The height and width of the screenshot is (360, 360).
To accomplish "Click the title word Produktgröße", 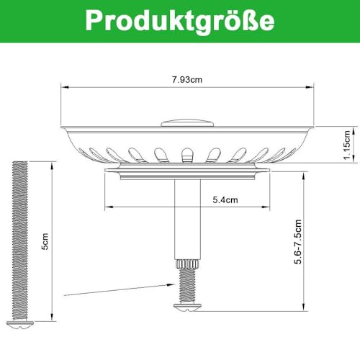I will coord(179,20).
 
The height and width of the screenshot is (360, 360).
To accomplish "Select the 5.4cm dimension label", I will coord(224,200).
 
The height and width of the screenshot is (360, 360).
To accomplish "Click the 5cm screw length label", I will coord(45,245).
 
